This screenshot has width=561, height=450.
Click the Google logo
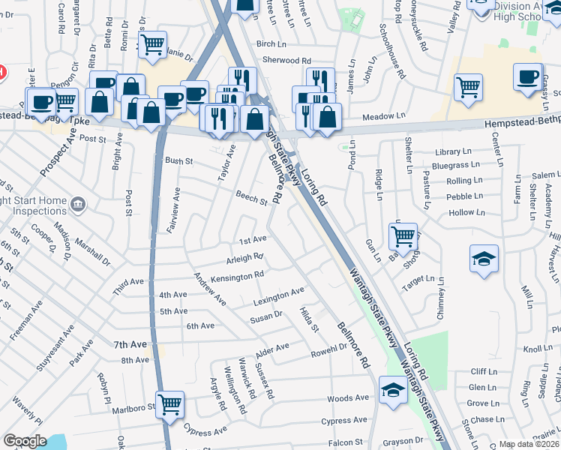pyautogui.click(x=25, y=441)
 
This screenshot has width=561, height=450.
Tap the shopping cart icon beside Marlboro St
pyautogui.click(x=170, y=403)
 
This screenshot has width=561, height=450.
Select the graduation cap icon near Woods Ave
pyautogui.click(x=392, y=389)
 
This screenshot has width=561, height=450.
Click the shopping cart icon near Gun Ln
pyautogui.click(x=403, y=236)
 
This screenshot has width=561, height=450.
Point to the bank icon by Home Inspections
pyautogui.click(x=78, y=204)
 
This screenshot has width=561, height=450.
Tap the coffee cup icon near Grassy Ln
pyautogui.click(x=527, y=76)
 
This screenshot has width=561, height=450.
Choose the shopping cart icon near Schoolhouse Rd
pyautogui.click(x=468, y=86)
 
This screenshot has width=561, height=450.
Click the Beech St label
pyautogui.click(x=252, y=201)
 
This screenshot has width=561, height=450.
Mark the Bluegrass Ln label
pyautogui.click(x=457, y=165)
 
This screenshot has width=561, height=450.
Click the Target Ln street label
pyautogui.click(x=418, y=279)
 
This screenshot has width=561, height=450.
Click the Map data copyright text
pyautogui.click(x=528, y=444)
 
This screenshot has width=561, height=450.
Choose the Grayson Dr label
pyautogui.click(x=405, y=441)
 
